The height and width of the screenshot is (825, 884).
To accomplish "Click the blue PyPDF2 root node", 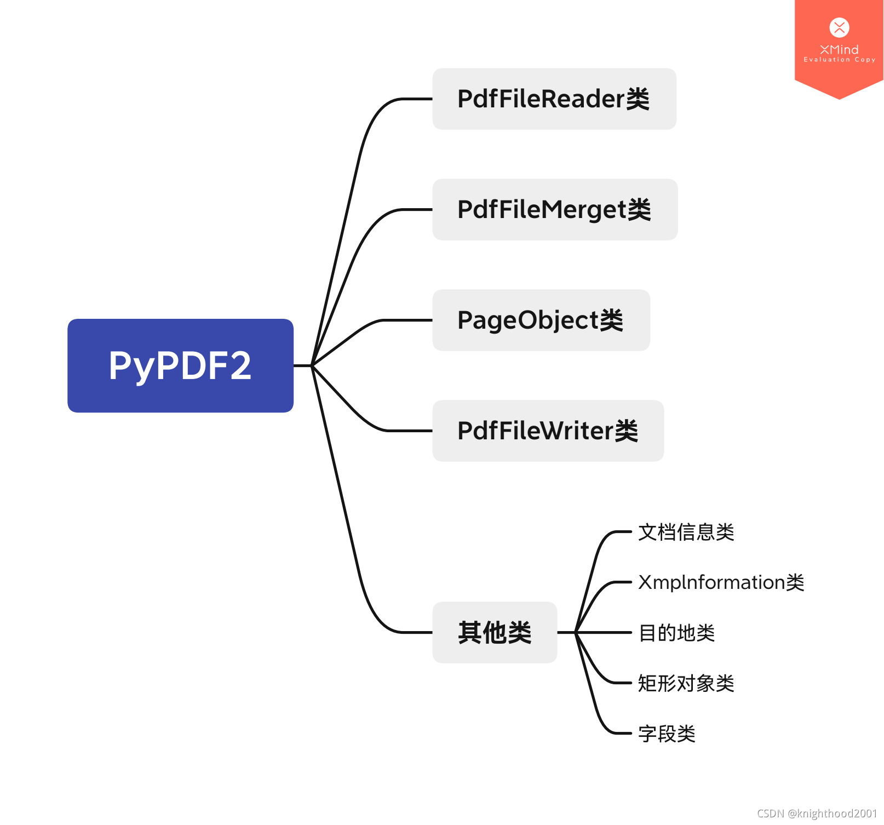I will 180,365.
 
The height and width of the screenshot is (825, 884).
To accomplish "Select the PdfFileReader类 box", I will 554,99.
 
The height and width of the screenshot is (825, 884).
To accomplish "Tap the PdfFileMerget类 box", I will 554,210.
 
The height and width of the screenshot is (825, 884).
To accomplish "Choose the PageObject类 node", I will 541,320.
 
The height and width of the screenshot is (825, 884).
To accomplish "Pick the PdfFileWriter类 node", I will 548,431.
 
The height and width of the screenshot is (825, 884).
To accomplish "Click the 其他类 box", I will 495,633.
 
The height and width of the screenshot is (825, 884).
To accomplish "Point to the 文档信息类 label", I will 686,532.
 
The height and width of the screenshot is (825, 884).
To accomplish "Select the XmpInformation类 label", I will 721,582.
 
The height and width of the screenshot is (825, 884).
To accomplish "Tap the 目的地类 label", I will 676,633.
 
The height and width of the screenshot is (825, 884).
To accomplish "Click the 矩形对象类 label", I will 686,683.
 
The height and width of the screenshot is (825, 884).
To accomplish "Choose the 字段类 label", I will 667,734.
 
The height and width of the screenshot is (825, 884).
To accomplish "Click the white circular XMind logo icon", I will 839,27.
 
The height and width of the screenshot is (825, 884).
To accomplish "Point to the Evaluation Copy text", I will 839,60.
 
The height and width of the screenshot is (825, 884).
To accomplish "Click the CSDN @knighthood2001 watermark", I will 817,813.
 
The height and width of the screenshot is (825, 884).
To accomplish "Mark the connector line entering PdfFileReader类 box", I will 416,99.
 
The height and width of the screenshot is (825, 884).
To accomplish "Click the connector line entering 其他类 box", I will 416,632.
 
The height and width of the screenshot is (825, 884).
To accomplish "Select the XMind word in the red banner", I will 839,49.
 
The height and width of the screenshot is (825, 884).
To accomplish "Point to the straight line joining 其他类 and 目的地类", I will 602,632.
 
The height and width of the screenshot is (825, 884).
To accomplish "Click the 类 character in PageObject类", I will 611,320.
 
